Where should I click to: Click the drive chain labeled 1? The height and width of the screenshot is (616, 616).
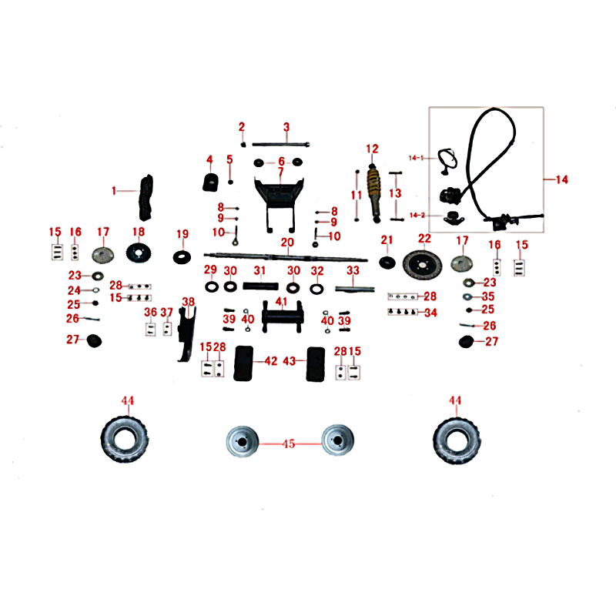click(146, 197)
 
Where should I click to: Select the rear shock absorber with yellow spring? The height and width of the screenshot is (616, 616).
click(373, 193)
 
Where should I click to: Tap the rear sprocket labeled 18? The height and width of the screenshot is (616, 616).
click(139, 253)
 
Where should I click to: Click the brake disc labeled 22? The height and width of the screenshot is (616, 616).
click(422, 265)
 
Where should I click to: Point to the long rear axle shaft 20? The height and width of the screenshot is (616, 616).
click(286, 257)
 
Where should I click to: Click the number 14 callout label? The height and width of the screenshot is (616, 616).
click(562, 179)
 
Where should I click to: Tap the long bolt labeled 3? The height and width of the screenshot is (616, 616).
click(280, 144)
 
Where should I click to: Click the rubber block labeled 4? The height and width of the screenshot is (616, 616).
click(210, 182)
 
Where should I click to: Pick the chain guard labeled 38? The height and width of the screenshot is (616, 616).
click(186, 334)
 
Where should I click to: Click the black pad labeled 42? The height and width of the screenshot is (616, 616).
click(243, 363)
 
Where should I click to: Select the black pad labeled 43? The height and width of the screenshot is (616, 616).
click(316, 364)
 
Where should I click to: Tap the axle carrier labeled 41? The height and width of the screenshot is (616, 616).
click(283, 316)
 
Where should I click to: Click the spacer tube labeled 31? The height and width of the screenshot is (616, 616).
click(260, 286)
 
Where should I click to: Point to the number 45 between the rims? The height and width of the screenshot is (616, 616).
click(289, 444)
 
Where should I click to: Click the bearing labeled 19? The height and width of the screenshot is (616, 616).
click(182, 257)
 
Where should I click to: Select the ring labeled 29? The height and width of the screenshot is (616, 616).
click(212, 286)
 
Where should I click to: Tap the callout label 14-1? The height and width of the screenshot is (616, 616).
click(416, 158)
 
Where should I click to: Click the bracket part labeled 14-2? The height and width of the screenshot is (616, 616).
click(454, 218)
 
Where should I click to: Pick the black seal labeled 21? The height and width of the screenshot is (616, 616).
click(387, 263)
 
